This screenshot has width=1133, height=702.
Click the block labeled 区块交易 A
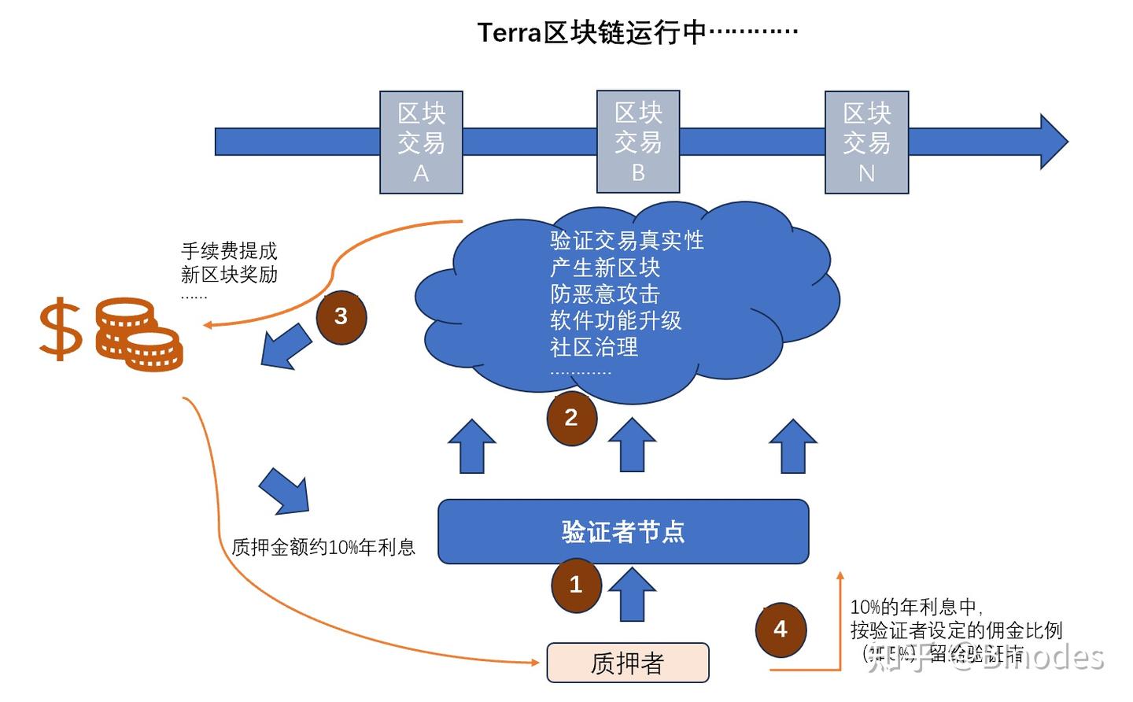[x=421, y=142]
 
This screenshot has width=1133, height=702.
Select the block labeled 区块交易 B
[x=638, y=142]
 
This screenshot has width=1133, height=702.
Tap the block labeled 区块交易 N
[x=866, y=142]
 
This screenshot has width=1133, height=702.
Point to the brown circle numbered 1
[x=576, y=585]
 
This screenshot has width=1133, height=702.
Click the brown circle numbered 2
[x=572, y=418]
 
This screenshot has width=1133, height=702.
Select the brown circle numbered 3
[x=341, y=316]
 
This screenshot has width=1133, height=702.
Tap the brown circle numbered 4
[x=781, y=630]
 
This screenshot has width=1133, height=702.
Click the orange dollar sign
[x=61, y=330]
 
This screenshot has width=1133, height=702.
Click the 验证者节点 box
[x=623, y=532]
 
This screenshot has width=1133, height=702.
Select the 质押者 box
[x=628, y=663]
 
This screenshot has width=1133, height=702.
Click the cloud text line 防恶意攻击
[x=604, y=294]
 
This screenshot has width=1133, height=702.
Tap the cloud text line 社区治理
[x=594, y=347]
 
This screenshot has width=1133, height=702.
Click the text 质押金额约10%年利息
[x=323, y=547]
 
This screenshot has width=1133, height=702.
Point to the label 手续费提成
[x=229, y=251]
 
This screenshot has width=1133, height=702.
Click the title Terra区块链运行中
[x=637, y=32]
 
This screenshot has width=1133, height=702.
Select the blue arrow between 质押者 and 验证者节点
[x=633, y=595]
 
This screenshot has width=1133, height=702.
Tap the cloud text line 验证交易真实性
[x=626, y=240]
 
